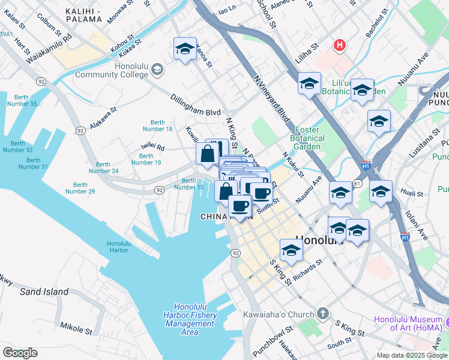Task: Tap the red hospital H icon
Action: click(340, 45)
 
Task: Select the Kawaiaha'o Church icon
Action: click(323, 314)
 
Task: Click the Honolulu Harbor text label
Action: click(118, 247)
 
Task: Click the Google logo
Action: click(20, 353)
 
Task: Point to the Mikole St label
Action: click(76, 328)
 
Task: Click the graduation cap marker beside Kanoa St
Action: click(185, 49)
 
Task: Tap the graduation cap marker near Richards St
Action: click(291, 250)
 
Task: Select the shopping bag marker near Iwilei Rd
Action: click(207, 154)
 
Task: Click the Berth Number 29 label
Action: click(80, 188)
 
